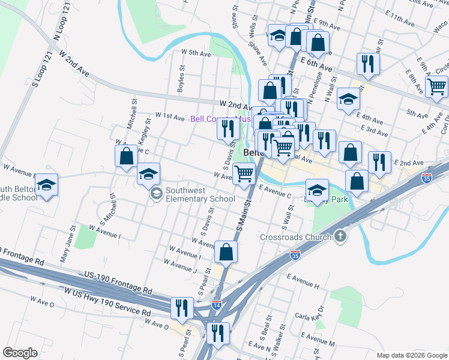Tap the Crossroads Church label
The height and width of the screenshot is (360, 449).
[295, 237]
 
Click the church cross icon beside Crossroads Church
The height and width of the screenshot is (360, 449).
[341, 236]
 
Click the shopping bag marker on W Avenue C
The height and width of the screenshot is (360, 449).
[126, 157]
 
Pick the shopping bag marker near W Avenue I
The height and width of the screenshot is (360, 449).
[226, 252]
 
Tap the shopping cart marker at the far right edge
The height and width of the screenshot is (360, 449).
[437, 87]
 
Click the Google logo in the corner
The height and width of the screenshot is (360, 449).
[20, 353]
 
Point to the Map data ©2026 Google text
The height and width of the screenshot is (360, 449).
[411, 355]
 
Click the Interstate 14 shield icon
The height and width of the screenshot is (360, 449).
[217, 305]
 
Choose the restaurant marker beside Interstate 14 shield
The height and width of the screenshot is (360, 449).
[218, 332]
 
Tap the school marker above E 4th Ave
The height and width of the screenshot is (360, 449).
[349, 100]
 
